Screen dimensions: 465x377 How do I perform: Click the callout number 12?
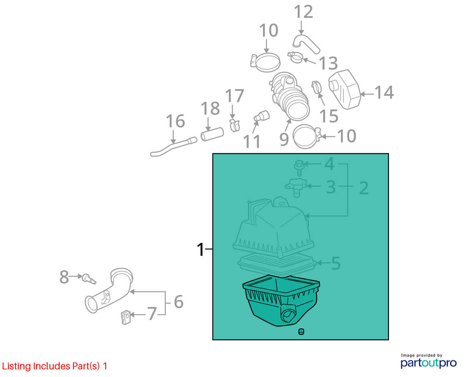[x=303, y=12]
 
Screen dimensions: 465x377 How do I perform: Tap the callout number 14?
[x=384, y=92]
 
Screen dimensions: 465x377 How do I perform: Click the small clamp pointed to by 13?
[x=295, y=57]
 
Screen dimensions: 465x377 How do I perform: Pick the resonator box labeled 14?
[x=344, y=90]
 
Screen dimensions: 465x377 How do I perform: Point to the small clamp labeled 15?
[x=316, y=87]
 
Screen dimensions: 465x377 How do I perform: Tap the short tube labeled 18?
[x=212, y=134]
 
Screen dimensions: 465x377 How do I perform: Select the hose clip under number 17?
[x=235, y=125]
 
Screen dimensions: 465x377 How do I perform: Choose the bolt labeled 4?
[x=299, y=168]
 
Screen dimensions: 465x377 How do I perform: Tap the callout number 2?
[x=364, y=188]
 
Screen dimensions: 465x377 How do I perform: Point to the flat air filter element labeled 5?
[x=277, y=264]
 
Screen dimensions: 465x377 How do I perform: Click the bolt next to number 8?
[x=89, y=279]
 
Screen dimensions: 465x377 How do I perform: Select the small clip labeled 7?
[x=126, y=317]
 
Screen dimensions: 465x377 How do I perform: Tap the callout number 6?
[x=179, y=302]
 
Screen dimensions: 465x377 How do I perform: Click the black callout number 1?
[x=201, y=249]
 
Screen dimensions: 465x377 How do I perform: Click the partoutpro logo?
[x=429, y=363]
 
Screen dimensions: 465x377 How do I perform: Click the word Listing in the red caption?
[x=17, y=366]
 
